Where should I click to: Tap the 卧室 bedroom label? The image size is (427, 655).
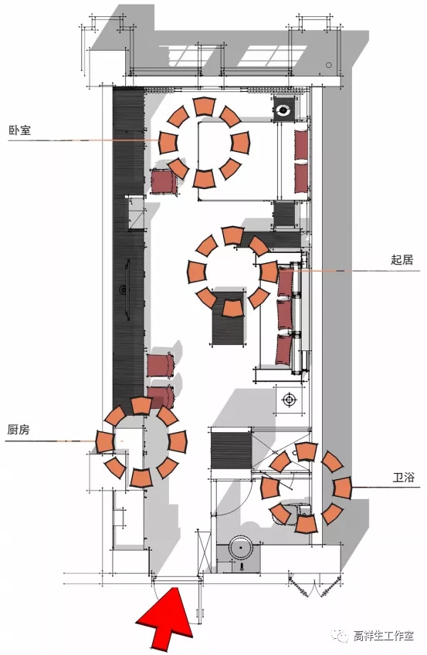(x=19, y=130)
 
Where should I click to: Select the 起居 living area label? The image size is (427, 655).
(x=402, y=260)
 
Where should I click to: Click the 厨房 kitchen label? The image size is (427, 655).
(x=19, y=430)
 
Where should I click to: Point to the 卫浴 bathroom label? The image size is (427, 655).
(x=404, y=477)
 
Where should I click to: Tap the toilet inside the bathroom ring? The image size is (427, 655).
(x=293, y=511)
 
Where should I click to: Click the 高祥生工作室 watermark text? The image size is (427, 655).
(x=384, y=636)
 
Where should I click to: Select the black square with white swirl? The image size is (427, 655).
(x=283, y=110)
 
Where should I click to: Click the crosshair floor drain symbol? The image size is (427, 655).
(x=290, y=400)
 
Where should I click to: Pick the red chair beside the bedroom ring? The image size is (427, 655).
(x=164, y=181)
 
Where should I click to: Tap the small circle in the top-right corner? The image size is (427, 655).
(x=329, y=65)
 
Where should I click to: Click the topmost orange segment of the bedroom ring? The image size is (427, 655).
(x=205, y=106)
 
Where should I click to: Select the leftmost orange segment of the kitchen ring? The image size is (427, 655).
(x=105, y=442)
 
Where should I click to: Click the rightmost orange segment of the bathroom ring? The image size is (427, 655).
(x=343, y=488)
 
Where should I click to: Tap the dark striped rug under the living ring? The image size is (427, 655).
(x=228, y=318)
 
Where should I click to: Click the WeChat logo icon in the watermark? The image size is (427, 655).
(x=341, y=636)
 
